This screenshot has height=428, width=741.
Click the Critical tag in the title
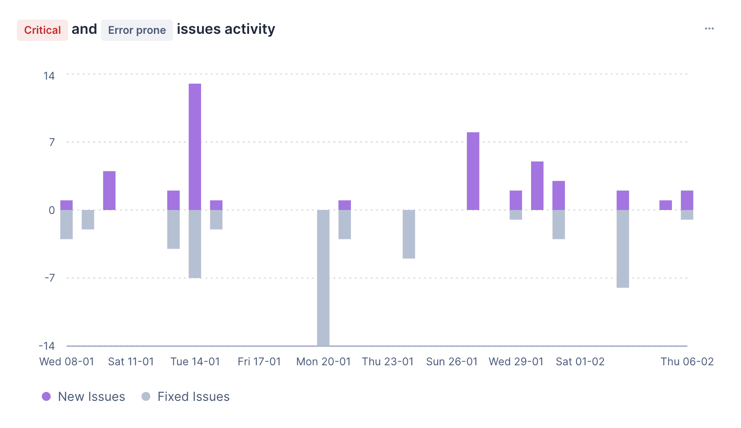coord(42,30)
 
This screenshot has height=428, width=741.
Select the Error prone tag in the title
coord(137,30)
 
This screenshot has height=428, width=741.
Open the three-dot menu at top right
coord(709,28)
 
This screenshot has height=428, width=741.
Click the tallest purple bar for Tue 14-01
coord(195,147)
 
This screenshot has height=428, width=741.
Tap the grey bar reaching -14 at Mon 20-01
coord(323,278)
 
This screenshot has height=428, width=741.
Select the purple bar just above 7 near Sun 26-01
coord(473,171)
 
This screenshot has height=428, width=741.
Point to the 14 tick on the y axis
coord(49,76)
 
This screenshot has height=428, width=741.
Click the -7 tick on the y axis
coord(49,278)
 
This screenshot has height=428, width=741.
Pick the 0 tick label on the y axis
coord(52,210)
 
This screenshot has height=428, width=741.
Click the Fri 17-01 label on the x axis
coord(259,362)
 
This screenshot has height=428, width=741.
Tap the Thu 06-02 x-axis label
coord(687,362)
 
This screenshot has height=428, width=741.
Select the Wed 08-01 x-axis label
coord(67,362)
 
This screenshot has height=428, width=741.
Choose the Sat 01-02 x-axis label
coord(580,362)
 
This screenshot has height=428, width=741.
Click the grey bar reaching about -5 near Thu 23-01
coord(409,234)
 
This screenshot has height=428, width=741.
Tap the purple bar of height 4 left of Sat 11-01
coord(109,190)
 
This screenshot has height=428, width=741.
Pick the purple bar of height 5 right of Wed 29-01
coord(537,186)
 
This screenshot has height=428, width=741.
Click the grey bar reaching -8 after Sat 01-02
coord(623,249)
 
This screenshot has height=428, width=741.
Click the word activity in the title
coord(250,29)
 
